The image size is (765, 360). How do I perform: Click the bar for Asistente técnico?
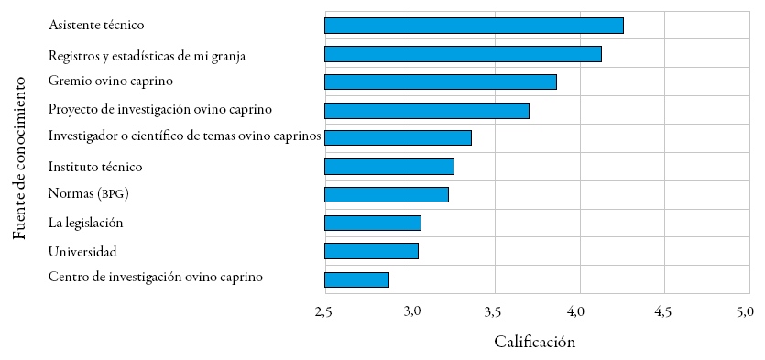coord(474,26)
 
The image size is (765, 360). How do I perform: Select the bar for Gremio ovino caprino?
coord(441,82)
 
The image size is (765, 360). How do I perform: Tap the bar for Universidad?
coord(371,251)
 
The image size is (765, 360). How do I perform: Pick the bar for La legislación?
coord(373,223)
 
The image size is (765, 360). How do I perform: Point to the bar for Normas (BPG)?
coord(387,194)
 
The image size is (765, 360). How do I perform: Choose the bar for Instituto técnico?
coord(389,167)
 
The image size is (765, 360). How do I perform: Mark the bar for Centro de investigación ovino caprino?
coord(356,279)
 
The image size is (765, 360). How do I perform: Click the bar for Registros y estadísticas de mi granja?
coord(463,54)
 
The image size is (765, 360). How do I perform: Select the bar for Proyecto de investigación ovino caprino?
coord(427,111)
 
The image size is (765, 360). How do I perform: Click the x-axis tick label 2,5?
coord(323,312)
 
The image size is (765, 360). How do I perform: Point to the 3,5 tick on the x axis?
coord(494,312)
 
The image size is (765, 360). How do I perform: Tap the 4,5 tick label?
coord(662,312)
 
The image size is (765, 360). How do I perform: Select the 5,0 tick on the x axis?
coord(745,312)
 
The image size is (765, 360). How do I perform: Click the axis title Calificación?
coord(534,343)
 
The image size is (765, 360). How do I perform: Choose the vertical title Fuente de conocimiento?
coord(20,158)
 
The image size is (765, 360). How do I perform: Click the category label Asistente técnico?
coord(96,26)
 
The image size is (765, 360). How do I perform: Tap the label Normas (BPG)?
coord(88,194)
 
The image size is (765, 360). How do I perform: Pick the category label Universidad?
coord(82,251)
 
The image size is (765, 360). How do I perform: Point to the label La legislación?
coord(85,223)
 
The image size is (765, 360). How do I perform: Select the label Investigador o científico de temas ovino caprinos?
coord(184,137)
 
